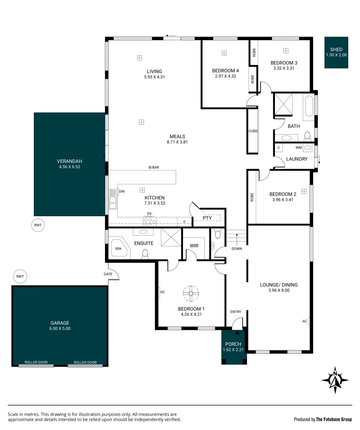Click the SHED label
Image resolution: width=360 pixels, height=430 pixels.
tap(336, 50)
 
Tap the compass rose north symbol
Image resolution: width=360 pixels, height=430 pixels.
tap(335, 380)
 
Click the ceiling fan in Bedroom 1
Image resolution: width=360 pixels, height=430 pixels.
tap(191, 293)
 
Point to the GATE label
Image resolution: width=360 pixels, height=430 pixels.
tap(108, 274)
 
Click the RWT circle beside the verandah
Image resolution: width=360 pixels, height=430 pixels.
tap(38, 225)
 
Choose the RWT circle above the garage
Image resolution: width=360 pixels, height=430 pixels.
tap(20, 276)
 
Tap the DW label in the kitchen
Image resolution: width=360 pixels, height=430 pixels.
tap(122, 192)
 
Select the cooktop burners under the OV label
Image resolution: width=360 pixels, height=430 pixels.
tap(150, 221)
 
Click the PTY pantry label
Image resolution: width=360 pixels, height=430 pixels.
tap(207, 218)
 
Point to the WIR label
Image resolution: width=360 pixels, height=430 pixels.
tap(194, 246)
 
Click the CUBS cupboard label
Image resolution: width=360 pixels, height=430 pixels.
tap(253, 131)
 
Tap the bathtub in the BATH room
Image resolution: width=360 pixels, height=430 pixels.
tap(309, 106)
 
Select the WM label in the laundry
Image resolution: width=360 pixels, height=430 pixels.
tap(299, 148)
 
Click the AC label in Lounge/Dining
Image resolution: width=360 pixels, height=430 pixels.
tap(305, 321)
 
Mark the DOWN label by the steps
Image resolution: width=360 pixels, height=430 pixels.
tap(237, 249)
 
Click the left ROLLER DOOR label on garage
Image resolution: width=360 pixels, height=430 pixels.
tap(36, 362)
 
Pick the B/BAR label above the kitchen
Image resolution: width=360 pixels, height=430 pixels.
tap(154, 167)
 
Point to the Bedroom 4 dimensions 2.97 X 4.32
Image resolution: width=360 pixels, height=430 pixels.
tap(226, 76)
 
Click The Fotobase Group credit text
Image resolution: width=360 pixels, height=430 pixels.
tap(334, 419)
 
